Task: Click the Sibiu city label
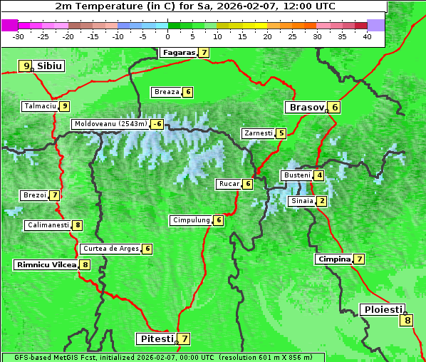(50, 66)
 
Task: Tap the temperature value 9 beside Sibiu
(26, 66)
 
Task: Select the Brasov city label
(306, 108)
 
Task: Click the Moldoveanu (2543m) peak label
(110, 124)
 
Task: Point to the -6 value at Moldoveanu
(157, 124)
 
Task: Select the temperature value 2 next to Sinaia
(322, 201)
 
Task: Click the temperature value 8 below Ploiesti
(407, 320)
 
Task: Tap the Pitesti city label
(156, 338)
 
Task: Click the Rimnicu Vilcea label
(46, 265)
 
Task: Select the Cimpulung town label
(191, 220)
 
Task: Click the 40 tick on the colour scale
(367, 36)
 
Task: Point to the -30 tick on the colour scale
(19, 36)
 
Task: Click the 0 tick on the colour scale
(168, 36)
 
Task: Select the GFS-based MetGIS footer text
(162, 357)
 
